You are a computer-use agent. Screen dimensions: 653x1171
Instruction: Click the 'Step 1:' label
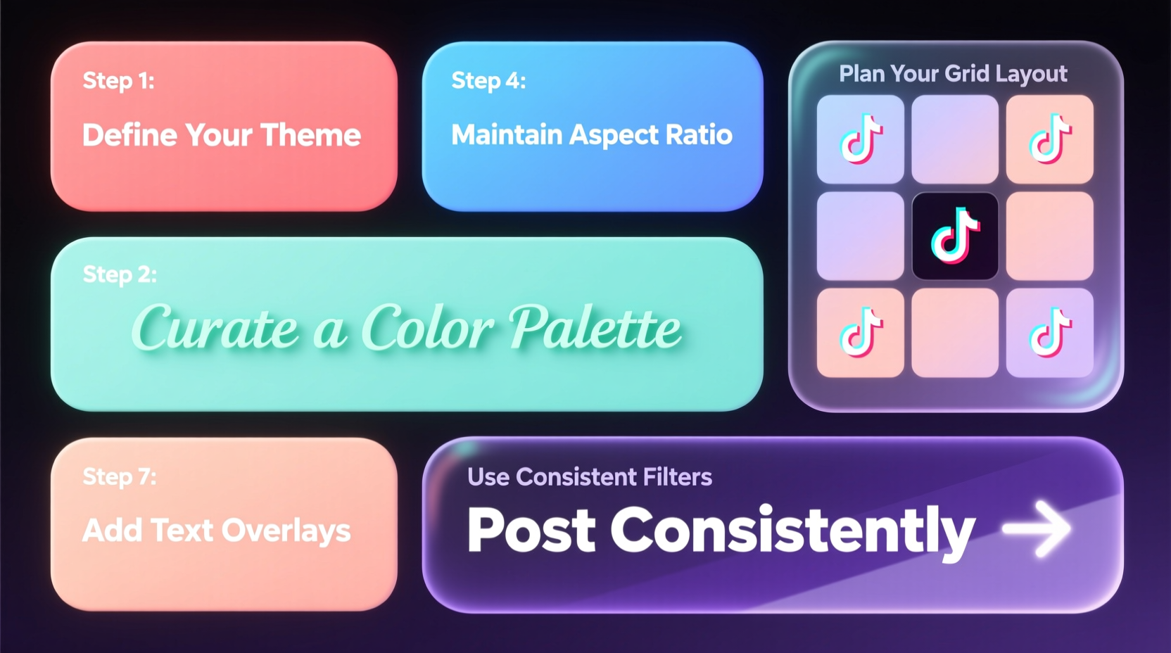pos(118,81)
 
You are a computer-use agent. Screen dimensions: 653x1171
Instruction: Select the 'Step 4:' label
pos(488,81)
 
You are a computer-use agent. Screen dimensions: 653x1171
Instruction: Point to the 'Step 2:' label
pos(120,274)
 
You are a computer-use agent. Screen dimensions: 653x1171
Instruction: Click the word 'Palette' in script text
pos(595,328)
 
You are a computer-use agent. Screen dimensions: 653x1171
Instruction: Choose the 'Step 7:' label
pos(120,477)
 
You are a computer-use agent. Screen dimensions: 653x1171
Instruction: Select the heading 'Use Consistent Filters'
pos(590,477)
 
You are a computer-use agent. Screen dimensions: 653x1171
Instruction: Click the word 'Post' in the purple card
pos(531,531)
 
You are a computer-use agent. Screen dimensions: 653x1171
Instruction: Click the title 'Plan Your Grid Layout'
pos(953,74)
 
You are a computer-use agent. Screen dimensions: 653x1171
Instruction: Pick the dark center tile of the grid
pos(955,236)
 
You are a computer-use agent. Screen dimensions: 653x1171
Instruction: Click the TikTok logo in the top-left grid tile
pos(861,139)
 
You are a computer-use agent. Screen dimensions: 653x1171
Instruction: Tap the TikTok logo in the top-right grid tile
pos(1050,139)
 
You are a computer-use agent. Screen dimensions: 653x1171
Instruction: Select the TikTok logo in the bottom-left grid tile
pos(861,332)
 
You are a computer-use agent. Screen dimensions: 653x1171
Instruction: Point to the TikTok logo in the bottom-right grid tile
pos(1050,332)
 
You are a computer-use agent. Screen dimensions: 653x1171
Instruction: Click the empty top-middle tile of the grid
pos(955,139)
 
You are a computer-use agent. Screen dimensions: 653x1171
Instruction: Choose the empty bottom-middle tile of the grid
pos(955,332)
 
